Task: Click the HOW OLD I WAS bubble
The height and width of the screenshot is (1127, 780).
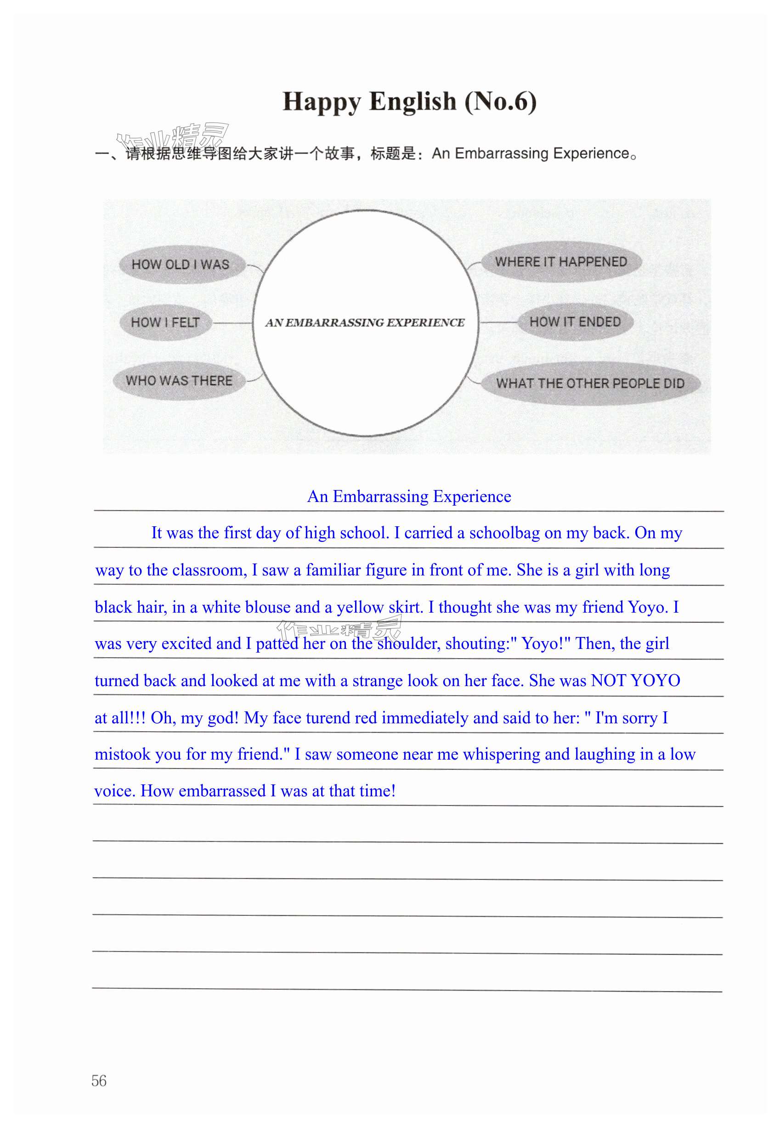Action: click(181, 264)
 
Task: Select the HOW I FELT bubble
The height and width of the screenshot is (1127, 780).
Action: click(165, 322)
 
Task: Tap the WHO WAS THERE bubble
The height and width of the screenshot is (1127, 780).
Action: click(179, 381)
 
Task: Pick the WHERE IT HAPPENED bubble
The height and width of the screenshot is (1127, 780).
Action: click(560, 262)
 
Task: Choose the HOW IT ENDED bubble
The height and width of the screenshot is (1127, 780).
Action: click(575, 322)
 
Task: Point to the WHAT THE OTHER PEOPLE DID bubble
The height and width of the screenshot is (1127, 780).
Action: click(590, 383)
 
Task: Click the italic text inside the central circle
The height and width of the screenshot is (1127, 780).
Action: click(365, 322)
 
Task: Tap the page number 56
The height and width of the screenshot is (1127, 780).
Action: click(99, 1080)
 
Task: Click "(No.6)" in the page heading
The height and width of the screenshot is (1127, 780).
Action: click(500, 101)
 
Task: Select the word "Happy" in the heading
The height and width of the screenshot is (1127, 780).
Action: click(322, 101)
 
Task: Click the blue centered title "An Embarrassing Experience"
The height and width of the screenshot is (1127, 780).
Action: click(409, 496)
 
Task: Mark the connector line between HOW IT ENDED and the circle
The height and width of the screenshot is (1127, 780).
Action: click(498, 322)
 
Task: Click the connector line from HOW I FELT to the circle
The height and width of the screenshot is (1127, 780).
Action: click(232, 323)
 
